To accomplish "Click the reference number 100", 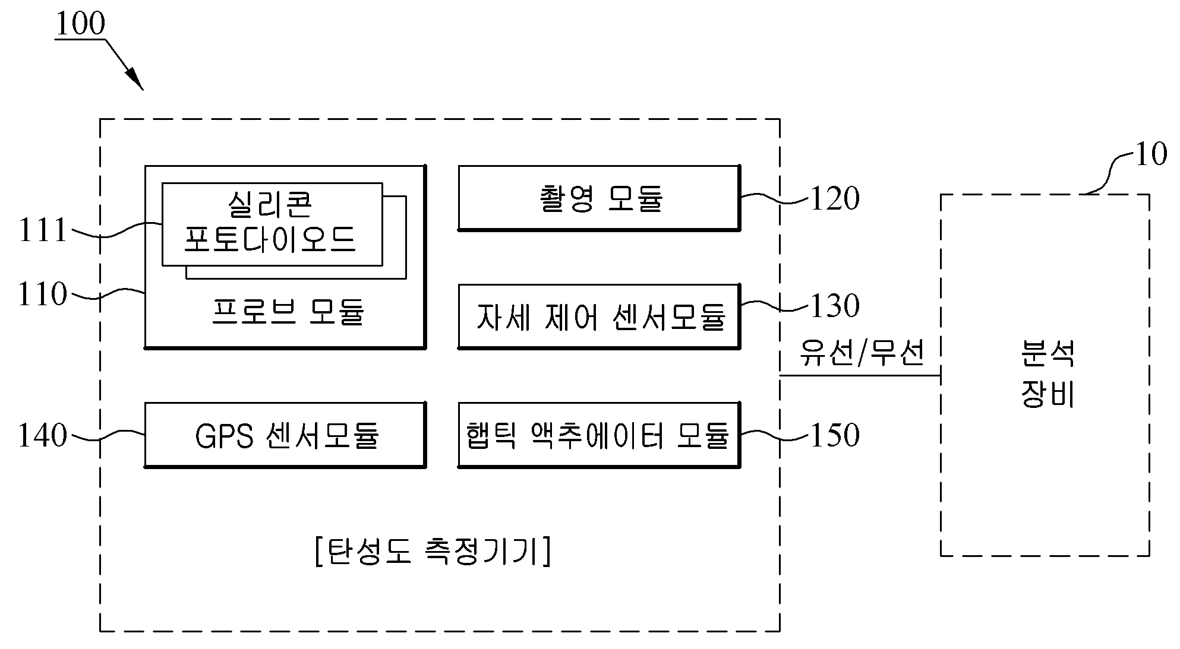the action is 80,24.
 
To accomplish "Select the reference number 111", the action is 43,230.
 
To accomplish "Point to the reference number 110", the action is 43,294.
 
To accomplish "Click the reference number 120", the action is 835,198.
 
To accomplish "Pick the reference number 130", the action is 835,306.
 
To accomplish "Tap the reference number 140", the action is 43,435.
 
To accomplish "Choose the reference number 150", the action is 835,435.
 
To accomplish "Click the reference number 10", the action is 1151,154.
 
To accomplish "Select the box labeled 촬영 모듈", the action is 600,198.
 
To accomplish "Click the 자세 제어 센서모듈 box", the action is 600,316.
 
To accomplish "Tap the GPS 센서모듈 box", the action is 286,435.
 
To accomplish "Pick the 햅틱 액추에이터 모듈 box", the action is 600,435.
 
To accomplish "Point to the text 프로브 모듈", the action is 288,312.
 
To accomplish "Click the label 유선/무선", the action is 862,353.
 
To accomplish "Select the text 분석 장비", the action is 1048,374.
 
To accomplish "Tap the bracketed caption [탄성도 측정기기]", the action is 433,551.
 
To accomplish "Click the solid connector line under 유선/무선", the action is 860,375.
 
